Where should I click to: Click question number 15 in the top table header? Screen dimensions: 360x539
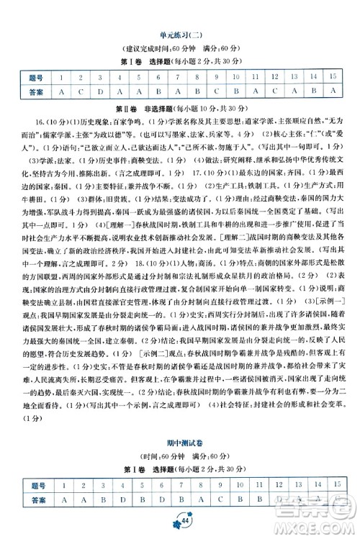coord(332,77)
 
